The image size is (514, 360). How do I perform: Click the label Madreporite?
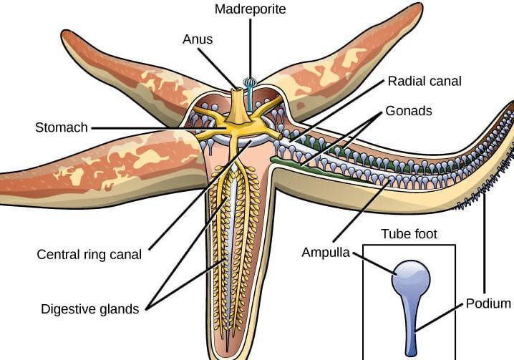coord(250,9)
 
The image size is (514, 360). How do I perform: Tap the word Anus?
coord(198,39)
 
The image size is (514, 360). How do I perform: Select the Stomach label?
coord(61,128)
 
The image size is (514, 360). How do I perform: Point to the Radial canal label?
coord(424,81)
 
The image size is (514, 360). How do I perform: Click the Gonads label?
coord(409,112)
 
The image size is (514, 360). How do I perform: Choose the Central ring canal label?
coord(89,254)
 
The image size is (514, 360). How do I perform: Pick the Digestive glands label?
coord(89,309)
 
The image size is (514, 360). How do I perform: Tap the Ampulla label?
coord(325,253)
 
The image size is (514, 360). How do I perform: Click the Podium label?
coord(488,303)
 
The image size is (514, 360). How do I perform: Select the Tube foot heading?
coord(409,234)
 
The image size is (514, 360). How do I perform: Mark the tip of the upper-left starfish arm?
coord(67,36)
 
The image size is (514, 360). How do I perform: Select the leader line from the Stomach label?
coord(143,129)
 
